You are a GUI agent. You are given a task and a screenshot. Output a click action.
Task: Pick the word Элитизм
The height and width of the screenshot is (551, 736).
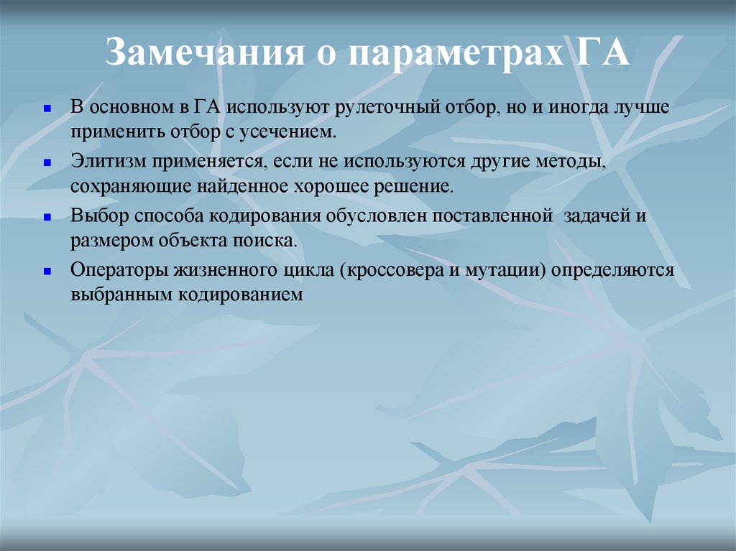[100, 162]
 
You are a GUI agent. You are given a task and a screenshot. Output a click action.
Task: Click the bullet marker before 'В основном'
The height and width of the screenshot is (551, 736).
[47, 108]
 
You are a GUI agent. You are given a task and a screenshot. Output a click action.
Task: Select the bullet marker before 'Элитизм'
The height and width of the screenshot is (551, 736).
[47, 162]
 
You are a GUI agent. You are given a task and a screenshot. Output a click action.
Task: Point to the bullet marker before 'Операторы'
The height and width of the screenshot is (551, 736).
[47, 271]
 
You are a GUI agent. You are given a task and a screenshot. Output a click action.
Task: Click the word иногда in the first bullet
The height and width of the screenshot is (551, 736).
[576, 108]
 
